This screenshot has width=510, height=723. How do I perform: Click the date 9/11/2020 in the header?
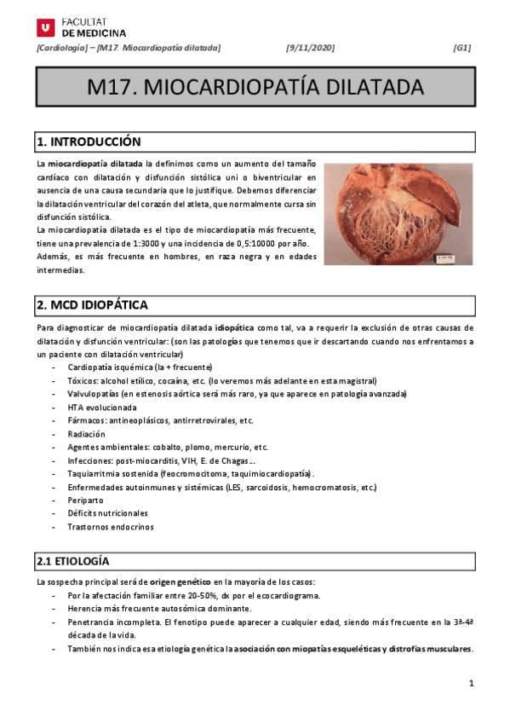click(311, 49)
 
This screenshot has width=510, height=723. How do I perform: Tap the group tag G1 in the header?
click(462, 49)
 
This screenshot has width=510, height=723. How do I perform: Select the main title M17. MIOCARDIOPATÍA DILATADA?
click(255, 88)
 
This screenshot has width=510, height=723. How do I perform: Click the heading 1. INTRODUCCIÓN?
click(88, 142)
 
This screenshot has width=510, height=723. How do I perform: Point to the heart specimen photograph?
click(398, 213)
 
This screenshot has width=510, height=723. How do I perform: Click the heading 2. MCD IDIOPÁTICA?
click(92, 304)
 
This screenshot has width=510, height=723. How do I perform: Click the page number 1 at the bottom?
click(471, 685)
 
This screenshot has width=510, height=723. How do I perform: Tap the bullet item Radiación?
click(87, 434)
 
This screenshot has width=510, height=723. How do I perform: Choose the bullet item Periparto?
click(85, 500)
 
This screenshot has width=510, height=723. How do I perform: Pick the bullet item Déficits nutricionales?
click(107, 513)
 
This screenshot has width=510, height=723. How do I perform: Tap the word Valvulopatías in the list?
click(93, 394)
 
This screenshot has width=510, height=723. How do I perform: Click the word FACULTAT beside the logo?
click(83, 20)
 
